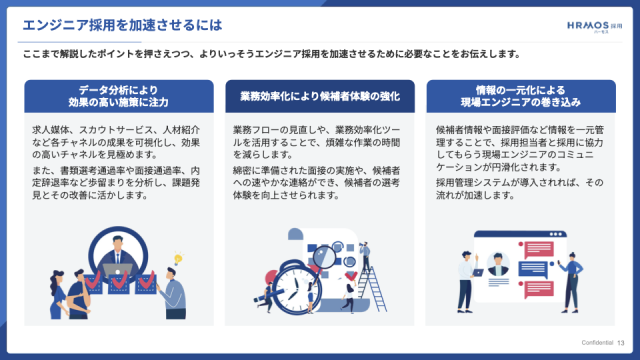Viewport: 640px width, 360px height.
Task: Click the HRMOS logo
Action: point(594,27)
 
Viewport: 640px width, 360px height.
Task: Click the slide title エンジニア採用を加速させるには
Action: point(122,25)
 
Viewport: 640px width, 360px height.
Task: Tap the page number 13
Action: point(620,343)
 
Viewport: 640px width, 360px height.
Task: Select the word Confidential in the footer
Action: point(597,342)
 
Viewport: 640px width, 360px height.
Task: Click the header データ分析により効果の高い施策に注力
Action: point(118,96)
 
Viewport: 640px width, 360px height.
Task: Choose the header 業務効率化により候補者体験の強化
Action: point(320,96)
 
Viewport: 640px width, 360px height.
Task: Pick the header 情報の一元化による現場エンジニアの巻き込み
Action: point(521,96)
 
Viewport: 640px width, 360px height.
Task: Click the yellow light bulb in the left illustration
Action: point(178,258)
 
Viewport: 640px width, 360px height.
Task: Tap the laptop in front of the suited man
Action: point(118,270)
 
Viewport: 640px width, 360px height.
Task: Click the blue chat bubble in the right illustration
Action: point(533,270)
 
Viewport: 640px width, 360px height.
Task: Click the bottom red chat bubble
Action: point(539,289)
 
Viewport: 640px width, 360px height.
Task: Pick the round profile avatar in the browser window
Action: point(498,264)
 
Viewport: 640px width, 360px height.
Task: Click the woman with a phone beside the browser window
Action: point(571,282)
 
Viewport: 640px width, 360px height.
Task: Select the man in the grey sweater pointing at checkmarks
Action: point(175,293)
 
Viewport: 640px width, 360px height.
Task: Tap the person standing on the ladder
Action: point(365,256)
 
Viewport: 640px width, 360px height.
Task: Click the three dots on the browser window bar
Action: point(556,234)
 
